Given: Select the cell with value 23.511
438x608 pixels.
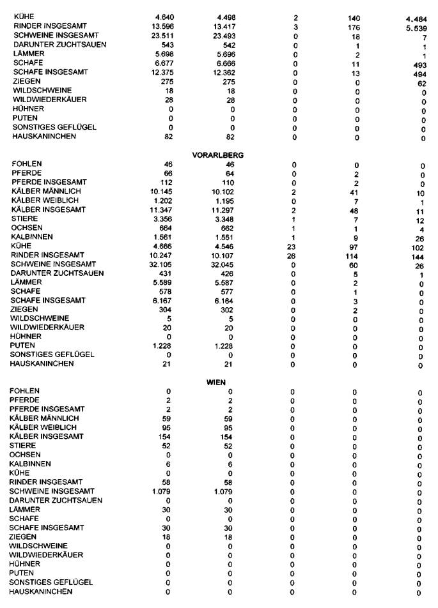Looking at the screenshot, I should pyautogui.click(x=162, y=36).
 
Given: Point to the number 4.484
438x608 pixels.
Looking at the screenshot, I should pyautogui.click(x=416, y=19).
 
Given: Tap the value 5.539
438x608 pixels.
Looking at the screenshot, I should pyautogui.click(x=416, y=29).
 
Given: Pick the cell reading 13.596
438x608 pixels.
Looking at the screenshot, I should pyautogui.click(x=162, y=26).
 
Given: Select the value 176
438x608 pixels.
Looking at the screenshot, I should pyautogui.click(x=354, y=27).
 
